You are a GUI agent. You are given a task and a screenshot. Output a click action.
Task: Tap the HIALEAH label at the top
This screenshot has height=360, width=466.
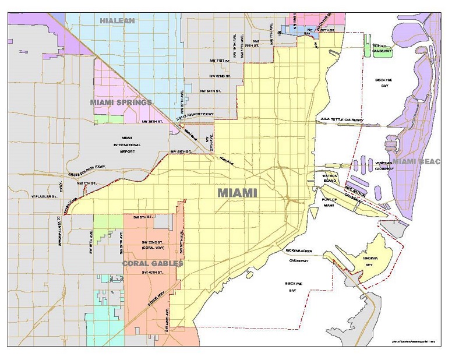tap(117, 20)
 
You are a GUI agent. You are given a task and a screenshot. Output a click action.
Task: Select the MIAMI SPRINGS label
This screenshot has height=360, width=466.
tap(121, 102)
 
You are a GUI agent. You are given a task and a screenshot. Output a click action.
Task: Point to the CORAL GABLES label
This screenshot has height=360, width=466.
tap(153, 263)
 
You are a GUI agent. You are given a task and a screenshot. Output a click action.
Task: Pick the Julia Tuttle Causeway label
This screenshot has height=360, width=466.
tap(342, 120)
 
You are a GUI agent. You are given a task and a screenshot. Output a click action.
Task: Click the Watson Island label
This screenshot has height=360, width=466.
tap(322, 178)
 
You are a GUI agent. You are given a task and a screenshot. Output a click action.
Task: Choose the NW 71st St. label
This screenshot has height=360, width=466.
tap(215, 61)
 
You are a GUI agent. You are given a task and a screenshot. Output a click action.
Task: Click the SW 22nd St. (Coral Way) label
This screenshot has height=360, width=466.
tap(152, 244)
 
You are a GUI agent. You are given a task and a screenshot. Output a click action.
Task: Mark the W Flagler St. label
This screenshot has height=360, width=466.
tap(44, 196)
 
